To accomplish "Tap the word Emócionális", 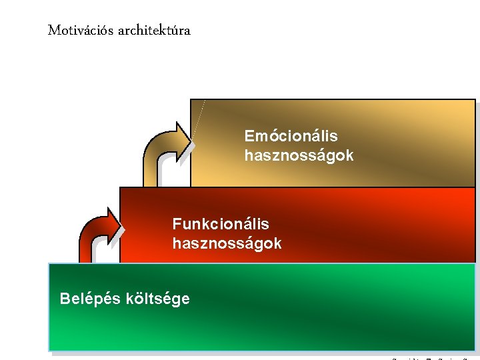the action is pyautogui.click(x=291, y=136).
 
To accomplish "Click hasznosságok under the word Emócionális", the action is pyautogui.click(x=299, y=156).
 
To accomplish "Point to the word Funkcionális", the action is pyautogui.click(x=221, y=224).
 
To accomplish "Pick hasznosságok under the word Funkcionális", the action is pyautogui.click(x=227, y=243).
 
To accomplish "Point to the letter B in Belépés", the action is pyautogui.click(x=65, y=299).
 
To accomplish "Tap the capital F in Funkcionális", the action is pyautogui.click(x=177, y=224).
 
